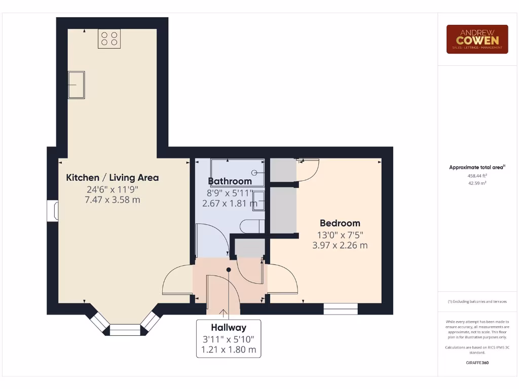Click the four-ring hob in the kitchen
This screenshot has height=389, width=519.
coord(109,38)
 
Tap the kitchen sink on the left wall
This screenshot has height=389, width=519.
coord(77,85)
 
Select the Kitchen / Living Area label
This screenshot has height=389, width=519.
coord(113,178)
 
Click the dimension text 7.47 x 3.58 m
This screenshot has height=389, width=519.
coord(113,200)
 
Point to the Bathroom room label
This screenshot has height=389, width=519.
coord(230,181)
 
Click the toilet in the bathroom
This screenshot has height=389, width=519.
coord(251,226)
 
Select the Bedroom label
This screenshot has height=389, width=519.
coord(340,223)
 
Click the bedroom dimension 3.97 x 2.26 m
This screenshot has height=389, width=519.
coord(340,246)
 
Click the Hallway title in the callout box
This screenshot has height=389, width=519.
coord(229,327)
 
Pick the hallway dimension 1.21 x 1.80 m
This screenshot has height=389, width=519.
coord(229,349)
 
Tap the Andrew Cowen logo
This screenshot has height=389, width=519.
coord(477,39)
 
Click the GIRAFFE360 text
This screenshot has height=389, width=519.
coord(477,363)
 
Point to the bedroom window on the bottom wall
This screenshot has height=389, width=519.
coord(341,308)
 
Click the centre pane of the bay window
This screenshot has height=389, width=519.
coord(125,330)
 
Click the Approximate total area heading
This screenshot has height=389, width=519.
coord(477,167)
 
